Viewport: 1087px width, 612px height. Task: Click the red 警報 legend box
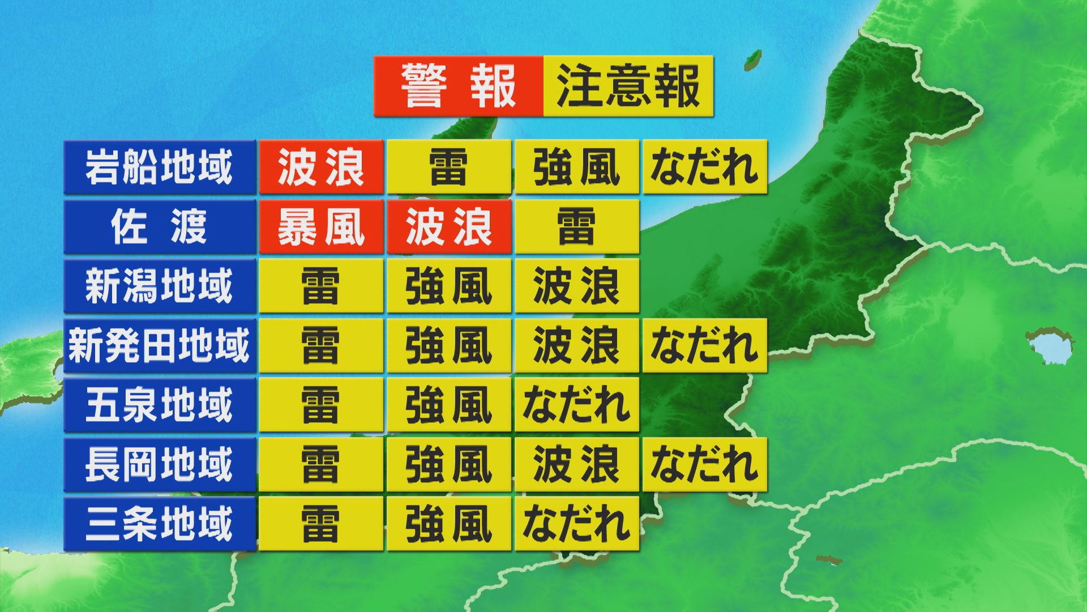click(458, 86)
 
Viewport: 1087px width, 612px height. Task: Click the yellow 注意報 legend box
click(628, 86)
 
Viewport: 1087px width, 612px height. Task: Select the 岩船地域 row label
click(159, 167)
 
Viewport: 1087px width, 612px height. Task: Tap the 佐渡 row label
click(159, 227)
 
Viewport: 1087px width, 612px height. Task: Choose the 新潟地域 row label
click(159, 286)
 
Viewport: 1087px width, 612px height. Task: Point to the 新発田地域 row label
click(159, 346)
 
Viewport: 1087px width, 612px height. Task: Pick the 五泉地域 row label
click(159, 405)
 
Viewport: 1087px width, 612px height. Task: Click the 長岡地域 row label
click(159, 464)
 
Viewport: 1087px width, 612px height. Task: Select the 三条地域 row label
click(159, 524)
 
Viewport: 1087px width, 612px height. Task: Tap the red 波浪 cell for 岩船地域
click(321, 167)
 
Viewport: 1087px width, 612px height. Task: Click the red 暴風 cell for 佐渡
click(321, 227)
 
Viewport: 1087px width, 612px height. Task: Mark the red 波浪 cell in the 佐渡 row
click(449, 227)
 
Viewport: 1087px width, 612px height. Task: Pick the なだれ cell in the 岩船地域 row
click(704, 167)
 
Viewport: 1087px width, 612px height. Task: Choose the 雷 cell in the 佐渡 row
click(576, 227)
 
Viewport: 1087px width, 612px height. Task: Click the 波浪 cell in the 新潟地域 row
click(576, 286)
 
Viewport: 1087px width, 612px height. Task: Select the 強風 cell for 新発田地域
click(449, 346)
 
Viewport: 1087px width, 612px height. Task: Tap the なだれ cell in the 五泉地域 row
click(576, 405)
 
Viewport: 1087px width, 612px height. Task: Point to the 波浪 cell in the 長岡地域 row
click(576, 464)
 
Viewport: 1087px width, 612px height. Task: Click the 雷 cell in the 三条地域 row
click(321, 524)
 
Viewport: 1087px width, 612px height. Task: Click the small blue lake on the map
click(1050, 346)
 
